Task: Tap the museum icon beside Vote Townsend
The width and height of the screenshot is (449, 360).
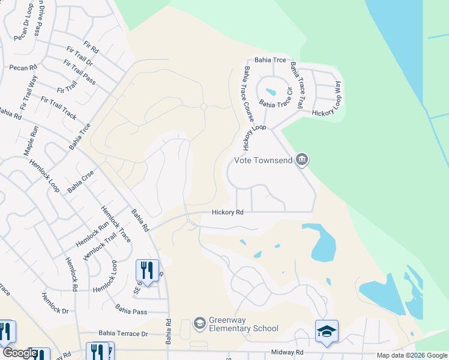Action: [x=303, y=159]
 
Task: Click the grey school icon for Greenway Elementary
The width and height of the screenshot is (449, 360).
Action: [x=199, y=324]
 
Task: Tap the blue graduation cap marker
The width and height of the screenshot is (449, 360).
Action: [x=327, y=331]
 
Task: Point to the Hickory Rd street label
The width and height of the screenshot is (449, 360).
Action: [x=228, y=212]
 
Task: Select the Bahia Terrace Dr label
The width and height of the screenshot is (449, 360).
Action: [x=123, y=334]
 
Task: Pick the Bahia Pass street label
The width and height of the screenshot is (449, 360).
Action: [x=131, y=311]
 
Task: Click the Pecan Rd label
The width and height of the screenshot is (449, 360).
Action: [x=23, y=67]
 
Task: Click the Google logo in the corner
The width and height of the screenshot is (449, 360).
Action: [x=20, y=353]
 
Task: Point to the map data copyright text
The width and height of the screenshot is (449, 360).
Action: [x=412, y=355]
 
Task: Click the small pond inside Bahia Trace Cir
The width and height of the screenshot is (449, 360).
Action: [x=271, y=92]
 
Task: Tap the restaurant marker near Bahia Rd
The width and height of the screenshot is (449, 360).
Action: [x=147, y=269]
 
